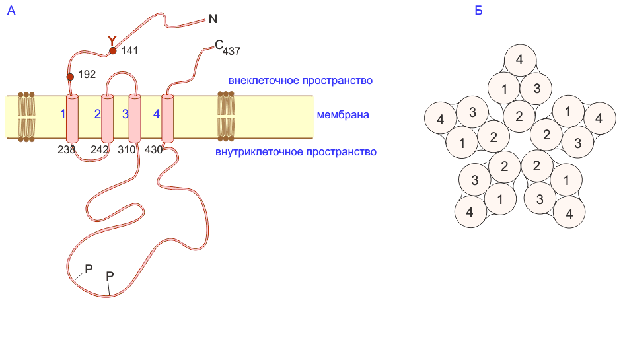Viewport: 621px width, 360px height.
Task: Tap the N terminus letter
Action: click(212, 19)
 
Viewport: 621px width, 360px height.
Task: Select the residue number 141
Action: click(129, 51)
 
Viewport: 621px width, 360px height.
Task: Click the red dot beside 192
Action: click(71, 76)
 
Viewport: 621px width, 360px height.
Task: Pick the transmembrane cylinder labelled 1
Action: click(72, 118)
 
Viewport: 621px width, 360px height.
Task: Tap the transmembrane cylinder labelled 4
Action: click(167, 118)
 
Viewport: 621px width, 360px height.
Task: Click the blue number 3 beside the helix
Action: click(125, 114)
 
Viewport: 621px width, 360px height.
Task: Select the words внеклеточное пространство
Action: click(301, 81)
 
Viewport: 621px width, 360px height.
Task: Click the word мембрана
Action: click(342, 115)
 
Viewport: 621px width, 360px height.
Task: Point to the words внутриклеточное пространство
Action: click(296, 152)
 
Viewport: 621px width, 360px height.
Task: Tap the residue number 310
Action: click(126, 150)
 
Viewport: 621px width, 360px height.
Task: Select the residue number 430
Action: click(153, 150)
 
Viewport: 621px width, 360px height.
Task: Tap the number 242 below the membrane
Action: click(100, 150)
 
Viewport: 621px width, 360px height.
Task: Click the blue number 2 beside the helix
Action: click(97, 114)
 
